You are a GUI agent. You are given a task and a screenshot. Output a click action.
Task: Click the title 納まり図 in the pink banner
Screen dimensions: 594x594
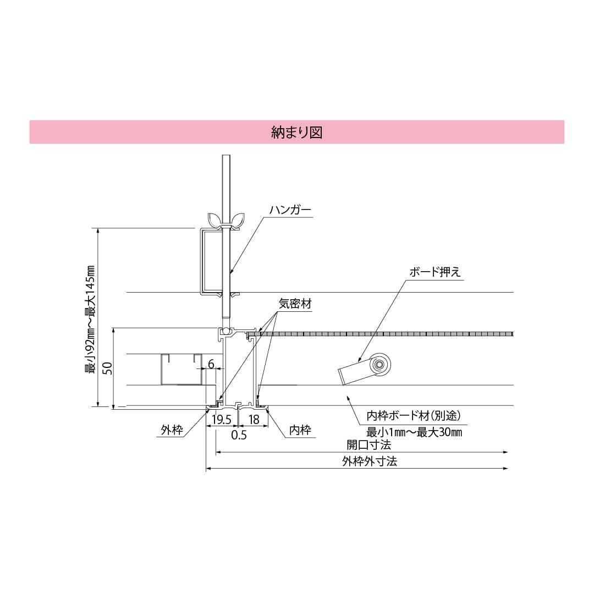click(296, 132)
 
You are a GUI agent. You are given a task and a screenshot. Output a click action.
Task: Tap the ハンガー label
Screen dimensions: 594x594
click(290, 210)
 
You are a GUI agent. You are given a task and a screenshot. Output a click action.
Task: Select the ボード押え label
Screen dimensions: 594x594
click(435, 272)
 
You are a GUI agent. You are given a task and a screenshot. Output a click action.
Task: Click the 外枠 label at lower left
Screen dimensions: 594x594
click(172, 430)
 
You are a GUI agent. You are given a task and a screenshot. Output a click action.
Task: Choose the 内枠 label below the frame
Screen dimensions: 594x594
click(300, 430)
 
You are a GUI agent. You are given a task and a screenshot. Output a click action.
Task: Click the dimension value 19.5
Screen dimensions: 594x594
click(221, 420)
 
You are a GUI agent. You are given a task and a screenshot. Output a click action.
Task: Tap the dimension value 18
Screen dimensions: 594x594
click(254, 420)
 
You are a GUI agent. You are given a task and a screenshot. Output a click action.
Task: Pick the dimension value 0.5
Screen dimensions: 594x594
click(239, 435)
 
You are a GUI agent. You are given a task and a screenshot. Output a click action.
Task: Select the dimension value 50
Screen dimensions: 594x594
click(108, 368)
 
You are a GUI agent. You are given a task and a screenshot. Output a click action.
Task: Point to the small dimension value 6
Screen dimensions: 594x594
click(211, 364)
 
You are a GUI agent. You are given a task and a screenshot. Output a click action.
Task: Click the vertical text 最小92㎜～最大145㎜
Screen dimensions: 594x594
click(90, 319)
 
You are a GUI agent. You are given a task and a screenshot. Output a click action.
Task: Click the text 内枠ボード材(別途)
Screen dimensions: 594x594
click(413, 415)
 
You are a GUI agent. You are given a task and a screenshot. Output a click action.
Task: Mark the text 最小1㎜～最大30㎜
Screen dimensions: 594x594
click(414, 432)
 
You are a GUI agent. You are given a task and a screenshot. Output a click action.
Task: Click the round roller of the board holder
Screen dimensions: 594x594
click(379, 364)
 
